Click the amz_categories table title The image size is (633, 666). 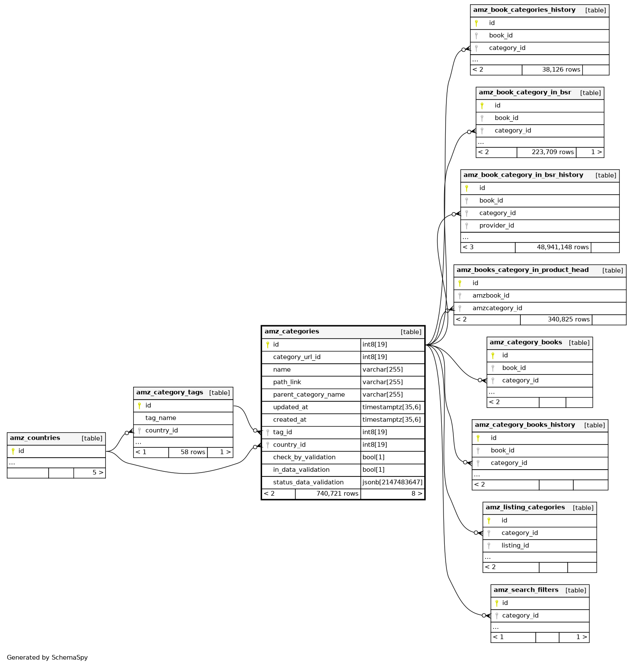tap(292, 331)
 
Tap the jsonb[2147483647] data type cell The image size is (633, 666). tap(392, 482)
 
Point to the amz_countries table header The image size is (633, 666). tap(35, 438)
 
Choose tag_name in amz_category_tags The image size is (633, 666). tap(160, 418)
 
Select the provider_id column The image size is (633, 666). tap(496, 225)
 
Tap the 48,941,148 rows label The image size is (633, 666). tap(563, 247)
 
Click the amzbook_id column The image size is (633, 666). tap(490, 295)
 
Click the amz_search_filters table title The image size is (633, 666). tap(526, 590)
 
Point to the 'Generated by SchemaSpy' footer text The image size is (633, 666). tap(47, 657)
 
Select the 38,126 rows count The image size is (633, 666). tap(561, 70)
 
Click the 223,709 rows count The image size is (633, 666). tap(552, 152)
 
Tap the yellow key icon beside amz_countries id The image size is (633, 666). tap(13, 451)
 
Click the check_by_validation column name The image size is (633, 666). tap(304, 457)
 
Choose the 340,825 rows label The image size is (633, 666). tap(569, 319)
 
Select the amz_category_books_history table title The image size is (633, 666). tap(525, 425)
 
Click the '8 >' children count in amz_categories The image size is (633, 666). tap(417, 494)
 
